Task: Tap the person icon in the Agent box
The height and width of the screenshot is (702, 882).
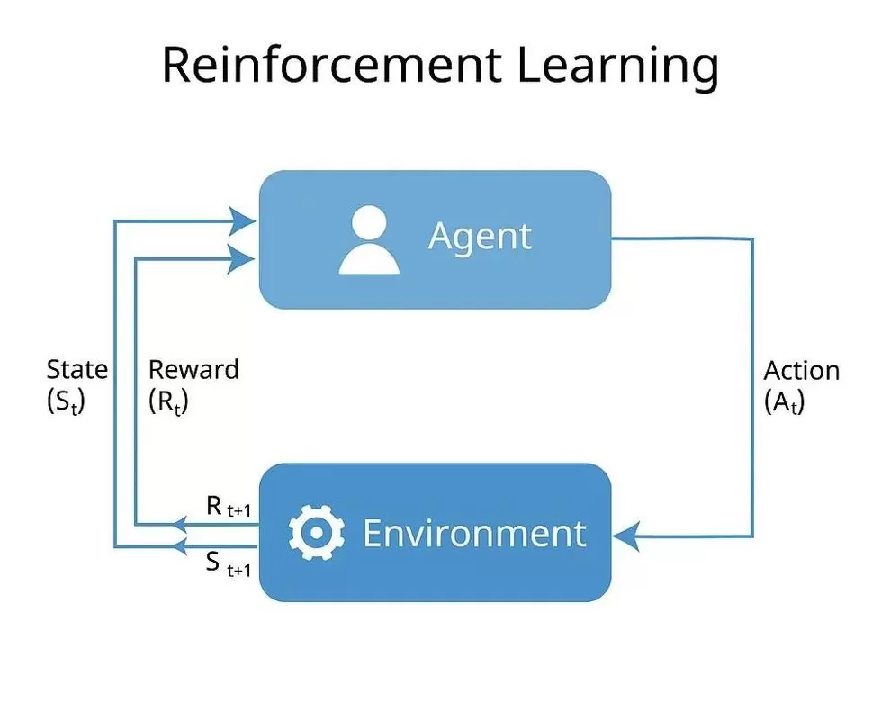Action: (369, 239)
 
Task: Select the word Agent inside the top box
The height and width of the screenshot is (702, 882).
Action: (481, 237)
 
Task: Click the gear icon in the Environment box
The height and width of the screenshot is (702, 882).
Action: (317, 533)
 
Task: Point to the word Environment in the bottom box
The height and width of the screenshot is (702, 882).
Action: (474, 533)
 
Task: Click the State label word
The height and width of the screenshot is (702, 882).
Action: (76, 370)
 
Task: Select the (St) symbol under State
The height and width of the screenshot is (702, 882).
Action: (65, 401)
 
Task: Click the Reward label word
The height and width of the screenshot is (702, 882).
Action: (193, 370)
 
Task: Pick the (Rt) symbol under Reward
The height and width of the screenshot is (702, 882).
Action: (168, 401)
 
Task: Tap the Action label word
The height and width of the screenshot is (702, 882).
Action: (801, 371)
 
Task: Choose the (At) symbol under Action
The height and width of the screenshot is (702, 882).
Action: (784, 401)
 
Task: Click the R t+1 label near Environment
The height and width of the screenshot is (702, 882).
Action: (228, 508)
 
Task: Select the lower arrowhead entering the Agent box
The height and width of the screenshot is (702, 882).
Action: (244, 258)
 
